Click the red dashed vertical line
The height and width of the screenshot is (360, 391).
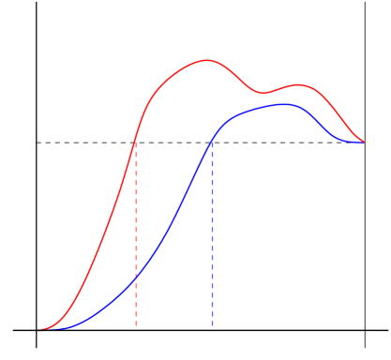(x=136, y=234)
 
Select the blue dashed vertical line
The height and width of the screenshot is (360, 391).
(x=212, y=234)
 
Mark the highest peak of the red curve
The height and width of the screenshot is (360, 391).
(x=207, y=61)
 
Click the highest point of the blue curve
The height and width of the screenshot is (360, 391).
(x=284, y=104)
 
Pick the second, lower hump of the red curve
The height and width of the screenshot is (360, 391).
(x=299, y=85)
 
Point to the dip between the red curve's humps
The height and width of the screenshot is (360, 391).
(x=263, y=94)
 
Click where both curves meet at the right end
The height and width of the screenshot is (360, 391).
(x=364, y=142)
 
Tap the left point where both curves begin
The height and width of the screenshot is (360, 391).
(x=42, y=329)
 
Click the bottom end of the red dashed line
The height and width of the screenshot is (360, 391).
(x=136, y=325)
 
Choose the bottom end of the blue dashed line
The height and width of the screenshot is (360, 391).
(x=212, y=325)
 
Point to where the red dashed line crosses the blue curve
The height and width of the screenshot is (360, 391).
(x=136, y=278)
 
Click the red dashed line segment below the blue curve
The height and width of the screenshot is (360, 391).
(x=136, y=305)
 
